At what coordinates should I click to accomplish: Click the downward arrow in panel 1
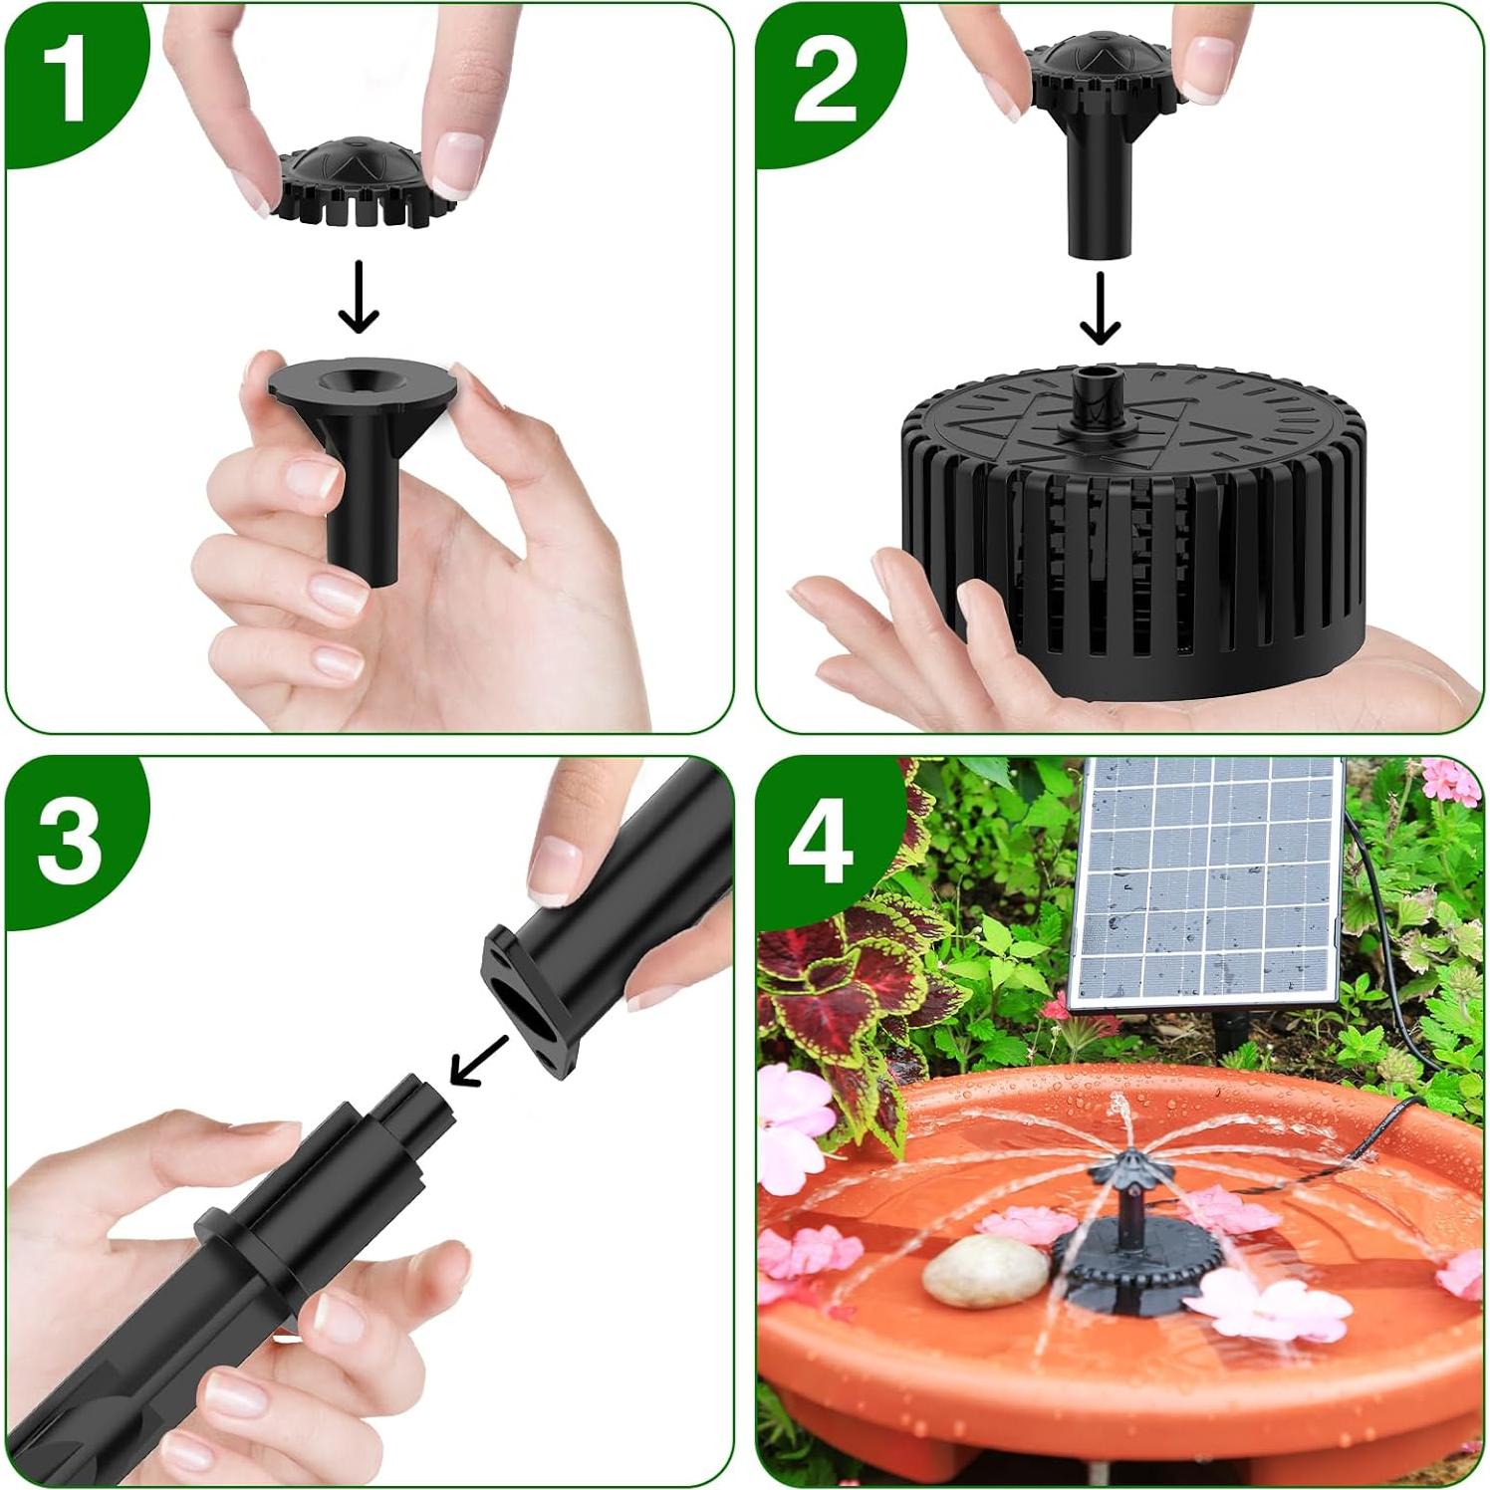[359, 297]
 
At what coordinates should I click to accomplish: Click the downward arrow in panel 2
[1100, 309]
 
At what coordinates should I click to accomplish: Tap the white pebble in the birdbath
[985, 1270]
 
